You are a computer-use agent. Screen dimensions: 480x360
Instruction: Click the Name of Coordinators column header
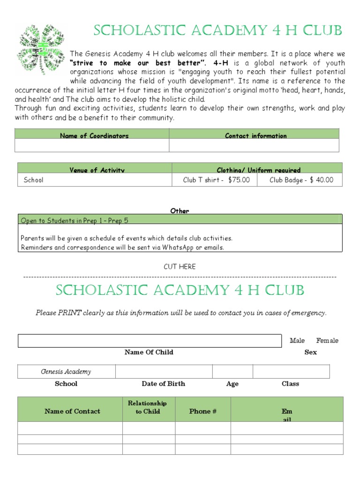(94, 135)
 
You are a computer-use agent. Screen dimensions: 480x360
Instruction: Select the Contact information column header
(255, 135)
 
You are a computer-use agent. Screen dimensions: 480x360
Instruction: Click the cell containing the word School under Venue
(34, 180)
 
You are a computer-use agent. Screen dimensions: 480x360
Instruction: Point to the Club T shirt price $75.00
(216, 180)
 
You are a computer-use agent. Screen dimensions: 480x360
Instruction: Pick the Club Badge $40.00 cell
(301, 180)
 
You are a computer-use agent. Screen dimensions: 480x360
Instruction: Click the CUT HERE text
(180, 267)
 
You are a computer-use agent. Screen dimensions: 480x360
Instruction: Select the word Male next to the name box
(297, 341)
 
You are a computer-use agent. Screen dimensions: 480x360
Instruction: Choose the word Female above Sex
(327, 341)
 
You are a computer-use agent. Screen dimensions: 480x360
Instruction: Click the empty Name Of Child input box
(150, 341)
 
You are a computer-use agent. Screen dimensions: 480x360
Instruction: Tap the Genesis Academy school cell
(66, 372)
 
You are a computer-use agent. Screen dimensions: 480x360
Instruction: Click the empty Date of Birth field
(164, 372)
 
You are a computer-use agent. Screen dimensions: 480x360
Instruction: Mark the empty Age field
(232, 372)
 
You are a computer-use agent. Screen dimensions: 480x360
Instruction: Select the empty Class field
(291, 372)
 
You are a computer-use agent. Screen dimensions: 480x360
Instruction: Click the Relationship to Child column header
(147, 407)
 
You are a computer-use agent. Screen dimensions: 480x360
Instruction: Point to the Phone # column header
(202, 411)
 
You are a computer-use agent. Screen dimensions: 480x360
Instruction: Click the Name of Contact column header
(72, 411)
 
